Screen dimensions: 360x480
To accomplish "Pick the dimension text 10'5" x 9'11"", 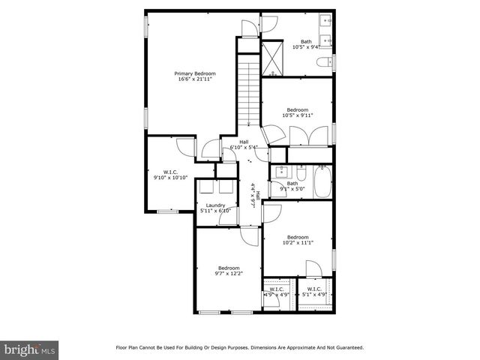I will pos(297,115).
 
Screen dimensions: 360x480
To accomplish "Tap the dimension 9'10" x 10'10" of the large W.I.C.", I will pos(169,178).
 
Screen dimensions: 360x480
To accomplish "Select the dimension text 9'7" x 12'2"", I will pos(229,274).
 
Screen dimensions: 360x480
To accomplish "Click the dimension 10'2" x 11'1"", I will pos(298,242).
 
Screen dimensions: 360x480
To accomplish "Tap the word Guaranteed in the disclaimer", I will pos(349,347).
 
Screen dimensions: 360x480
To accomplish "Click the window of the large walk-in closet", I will pos(167,212).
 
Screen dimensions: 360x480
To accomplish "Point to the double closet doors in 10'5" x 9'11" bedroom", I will pos(307,136).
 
